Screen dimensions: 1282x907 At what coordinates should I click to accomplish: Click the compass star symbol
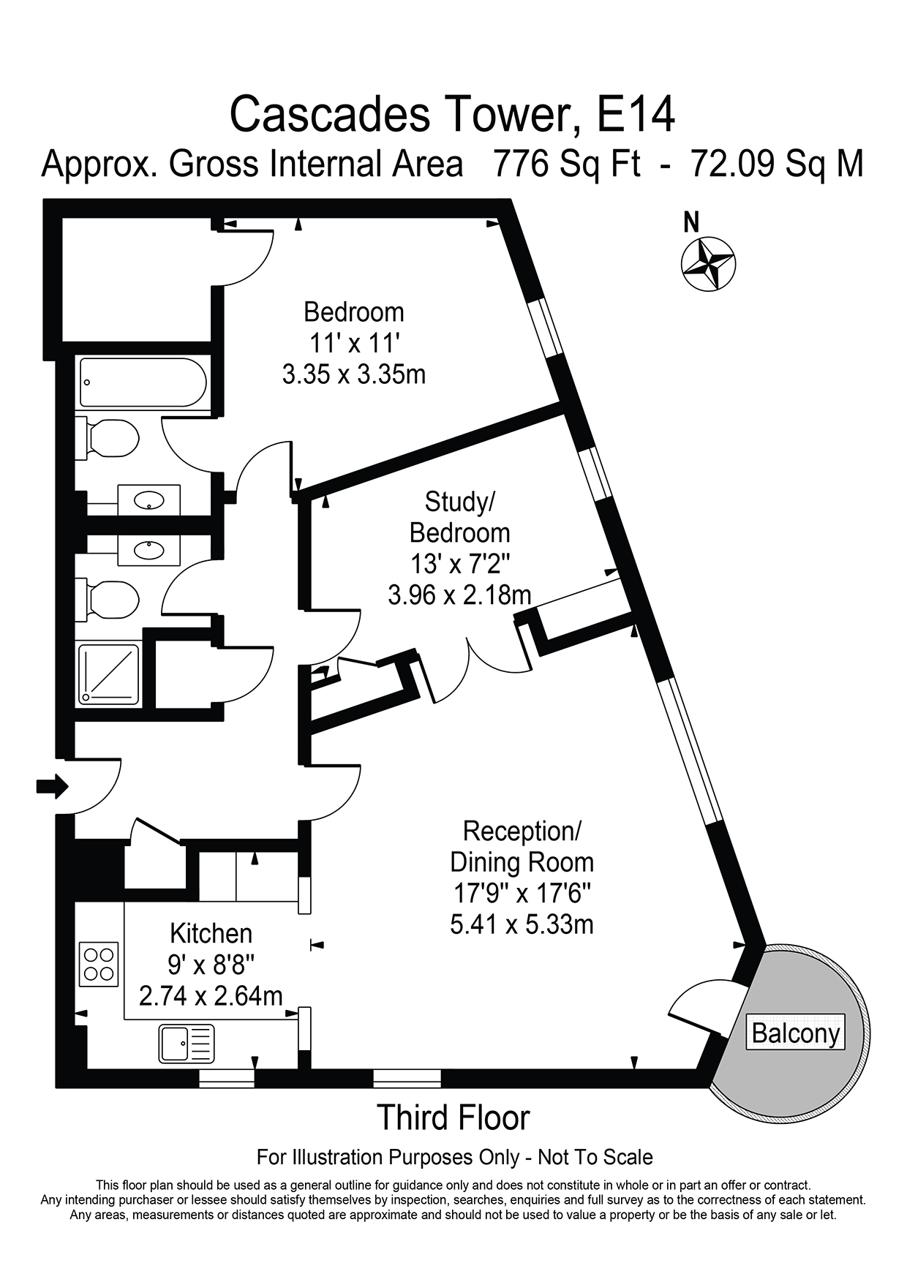pyautogui.click(x=708, y=265)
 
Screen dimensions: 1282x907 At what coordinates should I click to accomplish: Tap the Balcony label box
pyautogui.click(x=796, y=1033)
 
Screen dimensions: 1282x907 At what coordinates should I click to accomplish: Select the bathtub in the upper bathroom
pyautogui.click(x=143, y=382)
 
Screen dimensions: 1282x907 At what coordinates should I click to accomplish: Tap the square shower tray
pyautogui.click(x=109, y=674)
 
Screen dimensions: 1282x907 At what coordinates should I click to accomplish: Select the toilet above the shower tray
pyautogui.click(x=110, y=600)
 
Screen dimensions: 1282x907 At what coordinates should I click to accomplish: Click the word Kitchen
pyautogui.click(x=211, y=933)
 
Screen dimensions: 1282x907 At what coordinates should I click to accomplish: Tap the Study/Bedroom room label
pyautogui.click(x=459, y=517)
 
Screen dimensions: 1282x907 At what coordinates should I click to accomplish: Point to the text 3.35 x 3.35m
pyautogui.click(x=354, y=374)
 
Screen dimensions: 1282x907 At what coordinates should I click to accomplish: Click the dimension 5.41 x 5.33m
pyautogui.click(x=522, y=924)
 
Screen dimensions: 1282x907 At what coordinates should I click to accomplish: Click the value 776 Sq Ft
pyautogui.click(x=567, y=164)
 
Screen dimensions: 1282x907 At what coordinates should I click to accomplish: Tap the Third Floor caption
pyautogui.click(x=453, y=1117)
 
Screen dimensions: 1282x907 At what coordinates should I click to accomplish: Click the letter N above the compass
pyautogui.click(x=691, y=222)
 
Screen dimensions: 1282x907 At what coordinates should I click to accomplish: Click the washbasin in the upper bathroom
pyautogui.click(x=149, y=501)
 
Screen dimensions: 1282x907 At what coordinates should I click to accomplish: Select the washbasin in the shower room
pyautogui.click(x=149, y=548)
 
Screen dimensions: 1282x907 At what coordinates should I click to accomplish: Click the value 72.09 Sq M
pyautogui.click(x=777, y=164)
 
